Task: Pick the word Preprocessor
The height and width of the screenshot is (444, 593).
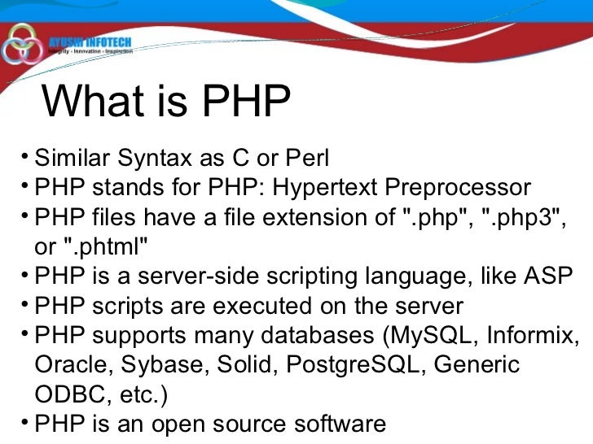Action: point(458,188)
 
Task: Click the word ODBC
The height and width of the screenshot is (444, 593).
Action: point(64,395)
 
